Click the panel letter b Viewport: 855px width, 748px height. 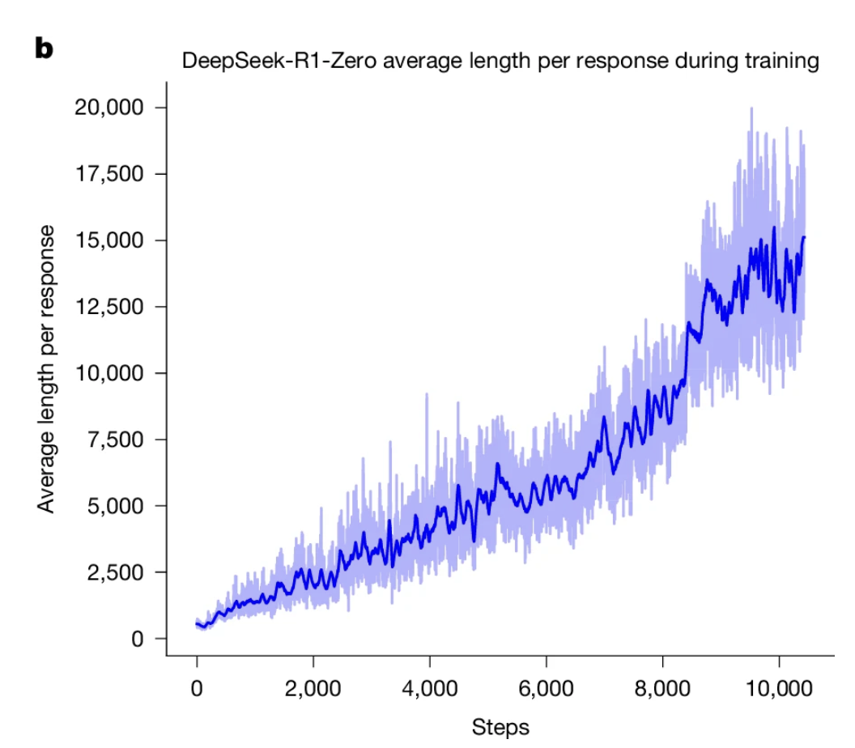[x=44, y=49]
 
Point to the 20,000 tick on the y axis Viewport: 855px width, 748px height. [x=109, y=108]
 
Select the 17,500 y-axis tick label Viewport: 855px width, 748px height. [x=109, y=174]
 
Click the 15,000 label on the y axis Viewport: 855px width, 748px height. [x=109, y=240]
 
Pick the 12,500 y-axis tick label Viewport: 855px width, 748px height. [x=109, y=307]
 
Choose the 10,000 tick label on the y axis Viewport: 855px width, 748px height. [x=109, y=373]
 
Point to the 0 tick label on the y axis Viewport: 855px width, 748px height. [x=137, y=639]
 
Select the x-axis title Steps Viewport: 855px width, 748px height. [x=500, y=726]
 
